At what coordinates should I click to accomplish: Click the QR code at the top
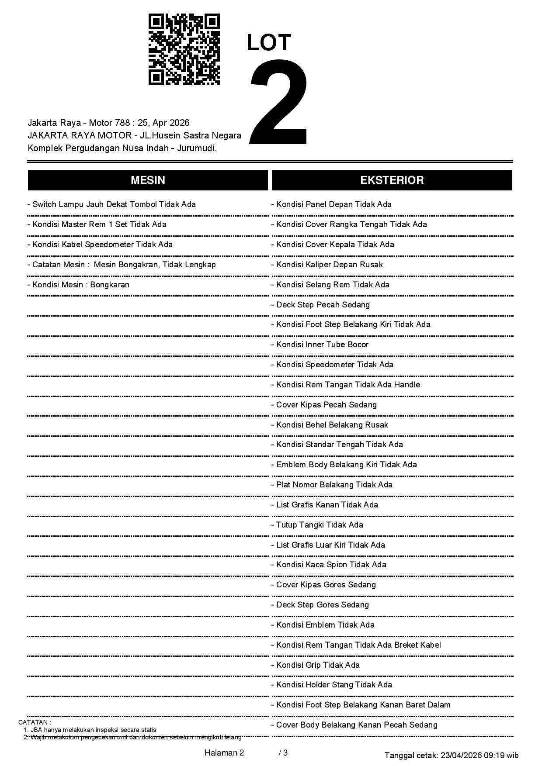[x=184, y=49]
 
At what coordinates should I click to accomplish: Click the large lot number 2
[x=278, y=102]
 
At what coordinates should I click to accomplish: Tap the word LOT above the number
[x=269, y=43]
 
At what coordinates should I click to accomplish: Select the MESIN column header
[x=148, y=180]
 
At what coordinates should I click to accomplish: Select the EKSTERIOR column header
[x=392, y=180]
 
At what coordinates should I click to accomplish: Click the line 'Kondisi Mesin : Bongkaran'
[x=79, y=285]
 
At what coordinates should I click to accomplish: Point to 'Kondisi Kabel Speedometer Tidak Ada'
[x=100, y=245]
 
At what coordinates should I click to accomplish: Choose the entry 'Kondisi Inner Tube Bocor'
[x=320, y=345]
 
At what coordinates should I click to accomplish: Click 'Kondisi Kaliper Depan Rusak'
[x=327, y=265]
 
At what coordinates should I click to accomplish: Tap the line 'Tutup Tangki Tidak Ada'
[x=317, y=525]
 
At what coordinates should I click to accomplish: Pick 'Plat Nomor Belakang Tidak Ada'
[x=332, y=485]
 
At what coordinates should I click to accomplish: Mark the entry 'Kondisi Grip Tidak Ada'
[x=316, y=665]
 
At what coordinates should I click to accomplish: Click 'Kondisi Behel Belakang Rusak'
[x=330, y=425]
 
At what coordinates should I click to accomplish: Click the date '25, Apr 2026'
[x=163, y=123]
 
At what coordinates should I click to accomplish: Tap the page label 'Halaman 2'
[x=224, y=752]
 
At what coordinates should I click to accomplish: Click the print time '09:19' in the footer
[x=497, y=755]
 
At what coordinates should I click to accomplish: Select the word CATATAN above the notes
[x=35, y=722]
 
